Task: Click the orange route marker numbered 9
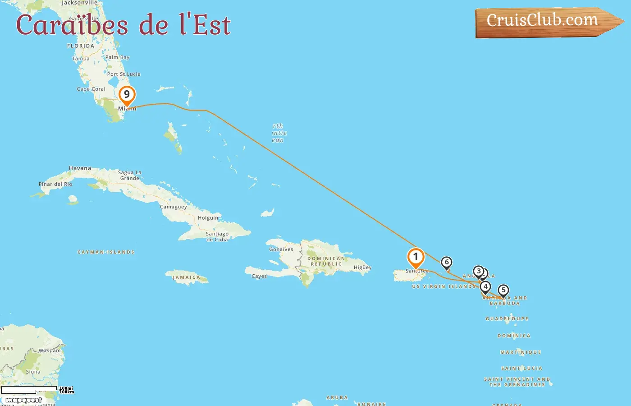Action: (x=127, y=95)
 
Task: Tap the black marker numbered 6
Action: (x=446, y=263)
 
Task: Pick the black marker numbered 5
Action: (x=503, y=291)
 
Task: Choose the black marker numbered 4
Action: (x=485, y=286)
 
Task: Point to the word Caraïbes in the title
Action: (x=72, y=25)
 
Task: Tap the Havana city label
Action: (x=80, y=168)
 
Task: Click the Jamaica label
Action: (x=186, y=277)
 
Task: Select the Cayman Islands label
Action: (x=106, y=252)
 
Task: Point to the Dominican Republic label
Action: (x=326, y=261)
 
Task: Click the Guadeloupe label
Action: (x=507, y=319)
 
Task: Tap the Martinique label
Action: (x=521, y=352)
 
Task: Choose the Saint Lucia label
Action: (x=521, y=369)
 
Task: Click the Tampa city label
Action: (x=81, y=59)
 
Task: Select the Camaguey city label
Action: (x=173, y=207)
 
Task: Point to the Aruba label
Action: (x=337, y=398)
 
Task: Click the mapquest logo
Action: (x=23, y=400)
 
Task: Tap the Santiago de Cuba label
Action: (x=217, y=236)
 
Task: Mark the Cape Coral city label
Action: (x=91, y=89)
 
